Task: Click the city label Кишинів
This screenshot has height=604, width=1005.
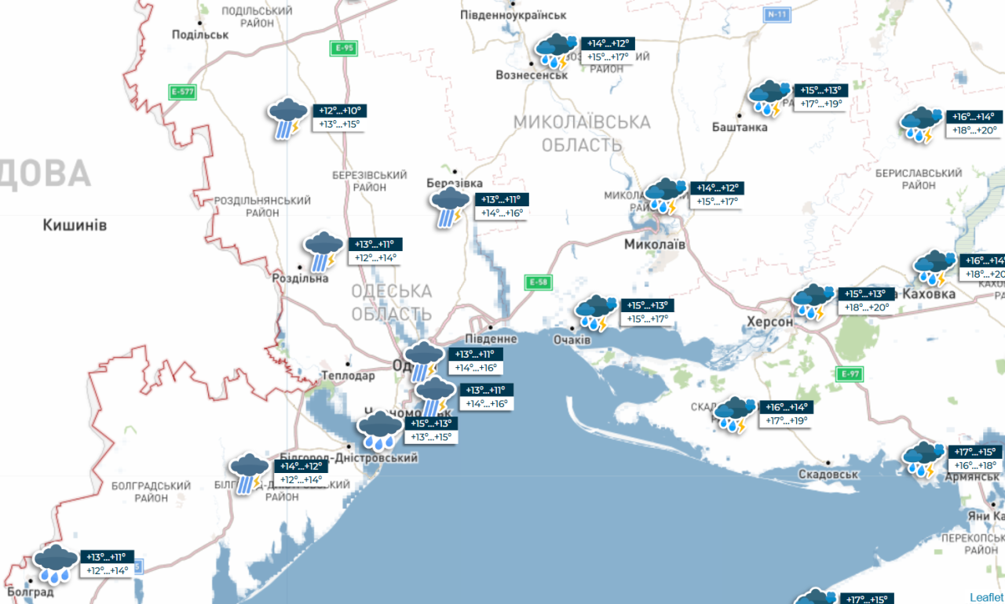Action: pos(75,226)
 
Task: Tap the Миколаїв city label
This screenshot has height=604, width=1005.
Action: pos(655,245)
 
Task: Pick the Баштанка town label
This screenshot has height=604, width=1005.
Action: pos(740,127)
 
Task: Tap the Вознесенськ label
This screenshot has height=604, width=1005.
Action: pos(532,75)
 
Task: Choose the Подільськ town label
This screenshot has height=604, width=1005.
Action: pos(200,35)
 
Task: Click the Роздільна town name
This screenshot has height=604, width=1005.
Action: pos(300,278)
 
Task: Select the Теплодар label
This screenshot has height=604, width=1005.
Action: pos(349,376)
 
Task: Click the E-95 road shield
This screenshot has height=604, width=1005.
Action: pos(344,48)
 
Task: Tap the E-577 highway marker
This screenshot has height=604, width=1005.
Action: pos(182,92)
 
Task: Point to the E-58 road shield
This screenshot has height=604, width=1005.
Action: pos(538,282)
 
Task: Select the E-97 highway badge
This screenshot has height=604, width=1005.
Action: pos(850,373)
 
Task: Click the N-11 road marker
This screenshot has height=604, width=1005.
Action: pos(777,15)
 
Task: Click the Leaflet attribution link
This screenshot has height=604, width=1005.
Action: pos(986,597)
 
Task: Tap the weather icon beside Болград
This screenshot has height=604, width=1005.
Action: pos(55,564)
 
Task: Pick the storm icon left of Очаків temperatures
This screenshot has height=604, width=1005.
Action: pos(596,312)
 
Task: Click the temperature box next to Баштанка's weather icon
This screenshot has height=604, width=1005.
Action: pos(820,96)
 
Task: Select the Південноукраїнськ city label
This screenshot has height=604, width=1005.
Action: pos(524,15)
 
